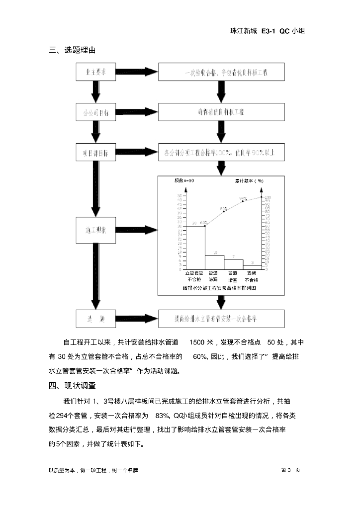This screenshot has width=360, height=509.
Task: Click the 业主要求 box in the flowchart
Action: tap(95, 73)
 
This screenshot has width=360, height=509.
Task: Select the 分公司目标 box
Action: tap(95, 112)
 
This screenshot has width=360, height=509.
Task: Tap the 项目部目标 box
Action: tap(95, 152)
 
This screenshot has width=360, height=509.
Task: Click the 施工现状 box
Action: tap(95, 231)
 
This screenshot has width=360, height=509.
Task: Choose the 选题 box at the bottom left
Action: tap(95, 318)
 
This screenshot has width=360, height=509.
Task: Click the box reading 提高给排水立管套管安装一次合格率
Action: tap(221, 318)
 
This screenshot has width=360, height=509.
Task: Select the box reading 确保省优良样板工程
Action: tap(221, 112)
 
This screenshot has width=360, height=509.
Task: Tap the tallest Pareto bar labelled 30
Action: tap(194, 247)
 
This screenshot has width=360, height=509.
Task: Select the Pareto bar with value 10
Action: tap(214, 262)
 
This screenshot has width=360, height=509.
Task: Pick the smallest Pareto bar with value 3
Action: tap(253, 267)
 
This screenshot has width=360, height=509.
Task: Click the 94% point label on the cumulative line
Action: tap(243, 198)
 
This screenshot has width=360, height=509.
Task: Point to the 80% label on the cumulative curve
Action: tap(223, 209)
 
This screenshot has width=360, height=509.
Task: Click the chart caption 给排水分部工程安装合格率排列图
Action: tap(219, 288)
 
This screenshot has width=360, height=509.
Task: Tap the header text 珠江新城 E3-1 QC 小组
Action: tap(267, 31)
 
